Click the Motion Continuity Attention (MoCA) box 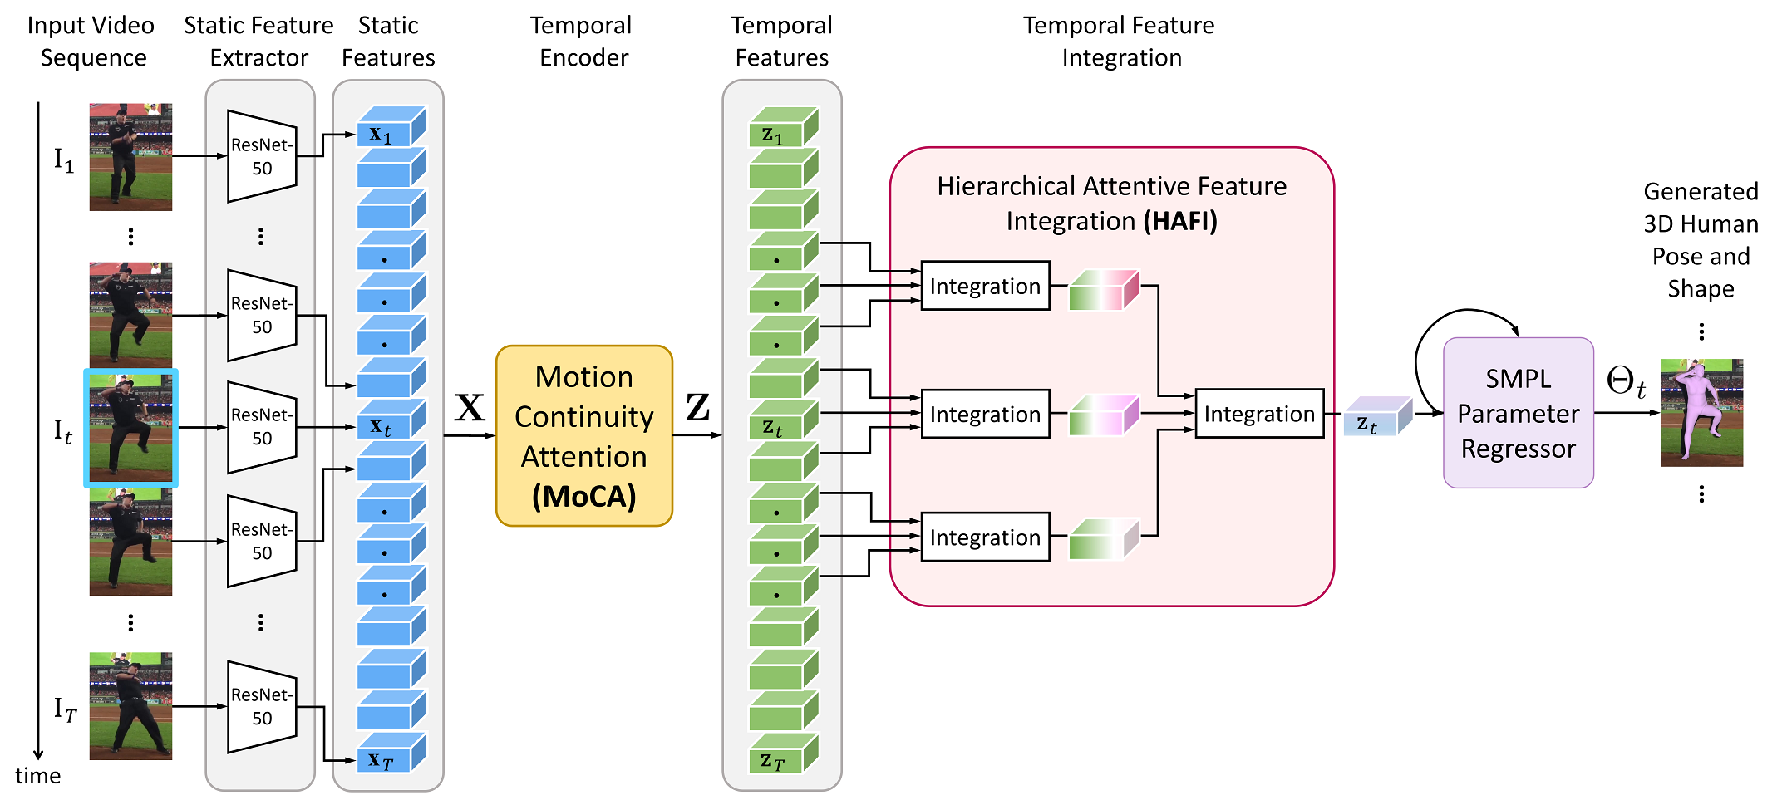pyautogui.click(x=583, y=435)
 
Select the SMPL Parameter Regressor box pyautogui.click(x=1518, y=413)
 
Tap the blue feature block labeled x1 pyautogui.click(x=391, y=127)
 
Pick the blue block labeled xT pyautogui.click(x=391, y=753)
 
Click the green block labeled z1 pyautogui.click(x=784, y=127)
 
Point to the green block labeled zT pyautogui.click(x=784, y=753)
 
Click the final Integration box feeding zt pyautogui.click(x=1259, y=414)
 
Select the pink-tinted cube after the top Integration pyautogui.click(x=1104, y=290)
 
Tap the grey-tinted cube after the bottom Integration pyautogui.click(x=1104, y=539)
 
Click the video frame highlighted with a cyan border pyautogui.click(x=130, y=428)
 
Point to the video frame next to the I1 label pyautogui.click(x=130, y=157)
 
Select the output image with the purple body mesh pyautogui.click(x=1701, y=413)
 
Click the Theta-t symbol pyautogui.click(x=1626, y=382)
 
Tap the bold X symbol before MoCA pyautogui.click(x=470, y=407)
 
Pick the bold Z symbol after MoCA pyautogui.click(x=698, y=407)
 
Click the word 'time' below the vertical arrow pyautogui.click(x=38, y=776)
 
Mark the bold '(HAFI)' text pyautogui.click(x=1180, y=221)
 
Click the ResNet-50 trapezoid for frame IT pyautogui.click(x=262, y=707)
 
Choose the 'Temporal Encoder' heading pyautogui.click(x=582, y=42)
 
